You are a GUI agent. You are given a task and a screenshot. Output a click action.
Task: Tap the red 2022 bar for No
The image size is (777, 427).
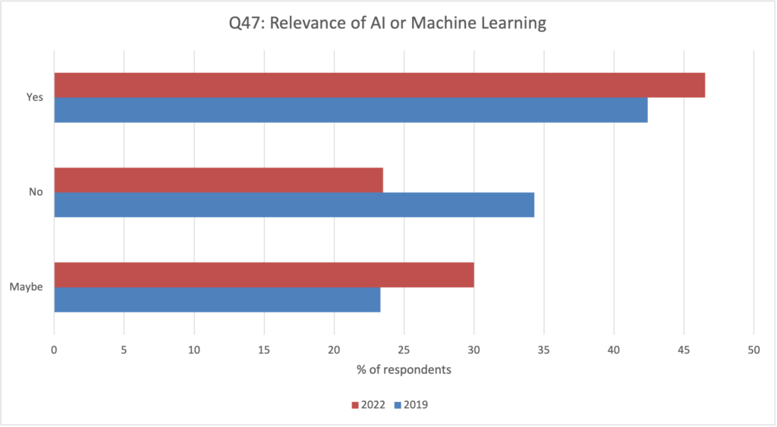(x=219, y=180)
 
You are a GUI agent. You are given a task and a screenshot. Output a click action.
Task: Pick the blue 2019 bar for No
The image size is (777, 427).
(x=294, y=205)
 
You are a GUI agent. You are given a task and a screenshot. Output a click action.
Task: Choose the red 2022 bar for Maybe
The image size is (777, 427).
(x=264, y=275)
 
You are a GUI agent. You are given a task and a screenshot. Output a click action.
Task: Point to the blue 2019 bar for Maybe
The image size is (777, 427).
(x=217, y=300)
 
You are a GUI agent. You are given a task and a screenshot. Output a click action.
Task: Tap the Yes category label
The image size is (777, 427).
(x=36, y=97)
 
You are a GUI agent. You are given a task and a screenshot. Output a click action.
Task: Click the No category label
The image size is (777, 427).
(x=36, y=192)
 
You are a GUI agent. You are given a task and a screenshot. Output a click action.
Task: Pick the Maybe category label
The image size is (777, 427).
(x=27, y=287)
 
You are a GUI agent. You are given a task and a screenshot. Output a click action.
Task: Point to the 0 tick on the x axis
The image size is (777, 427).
(x=54, y=350)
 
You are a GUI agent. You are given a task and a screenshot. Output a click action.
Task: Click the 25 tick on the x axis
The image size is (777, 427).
(x=404, y=350)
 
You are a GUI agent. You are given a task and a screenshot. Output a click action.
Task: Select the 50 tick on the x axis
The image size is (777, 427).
(x=753, y=350)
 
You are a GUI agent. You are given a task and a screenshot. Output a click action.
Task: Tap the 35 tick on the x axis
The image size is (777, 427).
(x=544, y=350)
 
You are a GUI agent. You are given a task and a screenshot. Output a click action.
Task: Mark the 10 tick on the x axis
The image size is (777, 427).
(x=194, y=350)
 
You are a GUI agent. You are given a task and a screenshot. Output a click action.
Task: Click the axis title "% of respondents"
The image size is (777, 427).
(x=404, y=370)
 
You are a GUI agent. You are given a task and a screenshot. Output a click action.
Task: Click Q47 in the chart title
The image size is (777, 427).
(x=245, y=24)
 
